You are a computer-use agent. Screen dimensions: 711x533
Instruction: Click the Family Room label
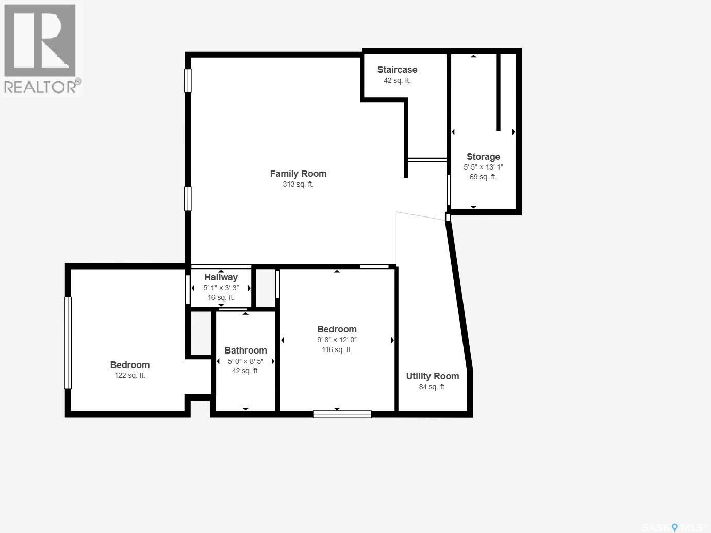click(x=298, y=174)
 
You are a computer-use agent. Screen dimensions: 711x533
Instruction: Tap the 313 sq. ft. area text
click(x=298, y=184)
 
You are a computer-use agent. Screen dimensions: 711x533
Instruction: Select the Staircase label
click(x=397, y=70)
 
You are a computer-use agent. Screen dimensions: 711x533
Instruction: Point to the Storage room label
click(x=483, y=157)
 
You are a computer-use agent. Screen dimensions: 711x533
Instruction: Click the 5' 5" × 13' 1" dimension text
click(x=483, y=167)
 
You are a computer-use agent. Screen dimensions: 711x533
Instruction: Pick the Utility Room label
click(x=433, y=376)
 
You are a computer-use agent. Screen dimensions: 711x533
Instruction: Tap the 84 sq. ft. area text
click(x=433, y=387)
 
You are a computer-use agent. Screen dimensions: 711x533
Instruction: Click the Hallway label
click(x=221, y=277)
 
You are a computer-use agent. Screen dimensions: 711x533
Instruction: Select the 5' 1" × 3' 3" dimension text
click(x=221, y=288)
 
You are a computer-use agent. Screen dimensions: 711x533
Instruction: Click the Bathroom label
click(x=245, y=351)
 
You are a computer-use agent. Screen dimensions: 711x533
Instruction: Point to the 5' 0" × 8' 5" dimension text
click(x=245, y=361)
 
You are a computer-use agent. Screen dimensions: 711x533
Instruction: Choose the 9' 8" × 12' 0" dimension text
click(x=337, y=340)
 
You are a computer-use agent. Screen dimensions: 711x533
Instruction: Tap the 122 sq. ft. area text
click(x=129, y=376)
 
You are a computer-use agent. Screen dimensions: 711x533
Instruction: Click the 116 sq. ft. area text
click(x=337, y=349)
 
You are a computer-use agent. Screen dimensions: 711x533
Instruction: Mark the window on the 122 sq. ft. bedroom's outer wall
click(x=68, y=343)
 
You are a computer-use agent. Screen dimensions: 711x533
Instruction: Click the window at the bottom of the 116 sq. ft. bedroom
click(x=342, y=414)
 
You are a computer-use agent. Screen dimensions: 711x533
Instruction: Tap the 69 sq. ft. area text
click(x=483, y=177)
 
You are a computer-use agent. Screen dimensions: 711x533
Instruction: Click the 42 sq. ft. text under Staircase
click(x=397, y=80)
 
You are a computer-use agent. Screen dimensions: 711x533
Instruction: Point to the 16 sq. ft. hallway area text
click(x=221, y=297)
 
